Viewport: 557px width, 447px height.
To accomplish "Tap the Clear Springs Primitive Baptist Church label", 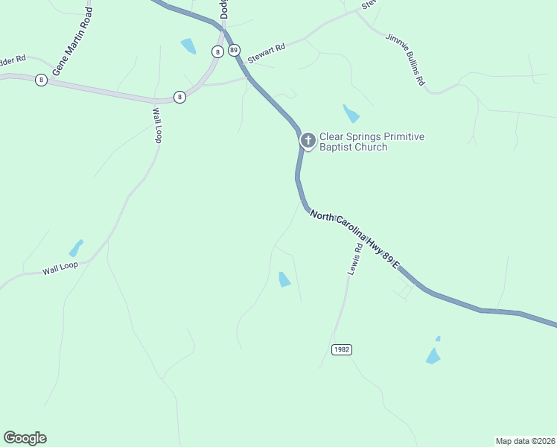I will (372, 142).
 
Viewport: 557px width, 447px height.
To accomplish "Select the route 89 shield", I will (235, 51).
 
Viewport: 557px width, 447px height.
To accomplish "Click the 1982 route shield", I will (341, 349).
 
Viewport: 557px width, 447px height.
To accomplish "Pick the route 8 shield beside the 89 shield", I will (217, 51).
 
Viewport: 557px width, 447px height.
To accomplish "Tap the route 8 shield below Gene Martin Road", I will (41, 80).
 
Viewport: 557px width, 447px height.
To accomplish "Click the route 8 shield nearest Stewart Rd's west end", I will (179, 97).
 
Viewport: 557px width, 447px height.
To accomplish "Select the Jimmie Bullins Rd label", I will (405, 59).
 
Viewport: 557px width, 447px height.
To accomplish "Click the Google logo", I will (25, 438).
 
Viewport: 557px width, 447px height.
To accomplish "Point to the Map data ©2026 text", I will (525, 440).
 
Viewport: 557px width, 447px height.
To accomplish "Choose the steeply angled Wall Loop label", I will (157, 125).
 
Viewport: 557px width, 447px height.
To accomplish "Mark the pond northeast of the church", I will (351, 113).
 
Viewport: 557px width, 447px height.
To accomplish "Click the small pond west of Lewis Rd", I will (284, 279).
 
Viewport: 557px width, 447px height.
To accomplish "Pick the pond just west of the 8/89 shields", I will (188, 46).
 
